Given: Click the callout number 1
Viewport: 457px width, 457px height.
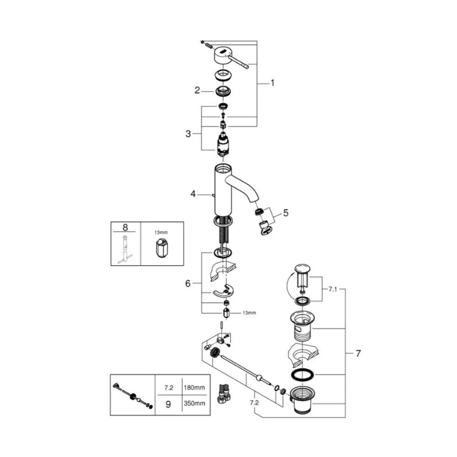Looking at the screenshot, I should pos(272,83).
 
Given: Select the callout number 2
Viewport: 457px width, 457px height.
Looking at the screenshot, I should pos(197,90).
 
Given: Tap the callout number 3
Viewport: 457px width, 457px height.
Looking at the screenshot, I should pos(188,134).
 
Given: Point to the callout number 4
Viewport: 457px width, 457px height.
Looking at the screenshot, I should pos(193,194).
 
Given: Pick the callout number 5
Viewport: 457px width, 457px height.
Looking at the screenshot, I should pos(286,213).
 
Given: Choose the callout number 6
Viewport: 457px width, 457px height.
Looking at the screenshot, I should pos(188,283).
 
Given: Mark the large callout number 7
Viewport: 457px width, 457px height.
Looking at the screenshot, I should pos(358,353).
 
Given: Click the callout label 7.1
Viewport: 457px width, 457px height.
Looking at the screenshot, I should pos(333,289).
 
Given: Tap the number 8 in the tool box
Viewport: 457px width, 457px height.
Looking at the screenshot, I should pos(125,227).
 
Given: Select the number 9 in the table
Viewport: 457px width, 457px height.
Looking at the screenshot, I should pos(168,404).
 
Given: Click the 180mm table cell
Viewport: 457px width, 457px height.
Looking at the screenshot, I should pos(194,388).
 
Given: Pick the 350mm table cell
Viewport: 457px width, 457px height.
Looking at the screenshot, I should pos(194,404).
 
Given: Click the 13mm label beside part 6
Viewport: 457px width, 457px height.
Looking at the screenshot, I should pos(250,313).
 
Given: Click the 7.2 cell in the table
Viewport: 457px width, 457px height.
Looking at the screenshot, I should pos(168,388).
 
